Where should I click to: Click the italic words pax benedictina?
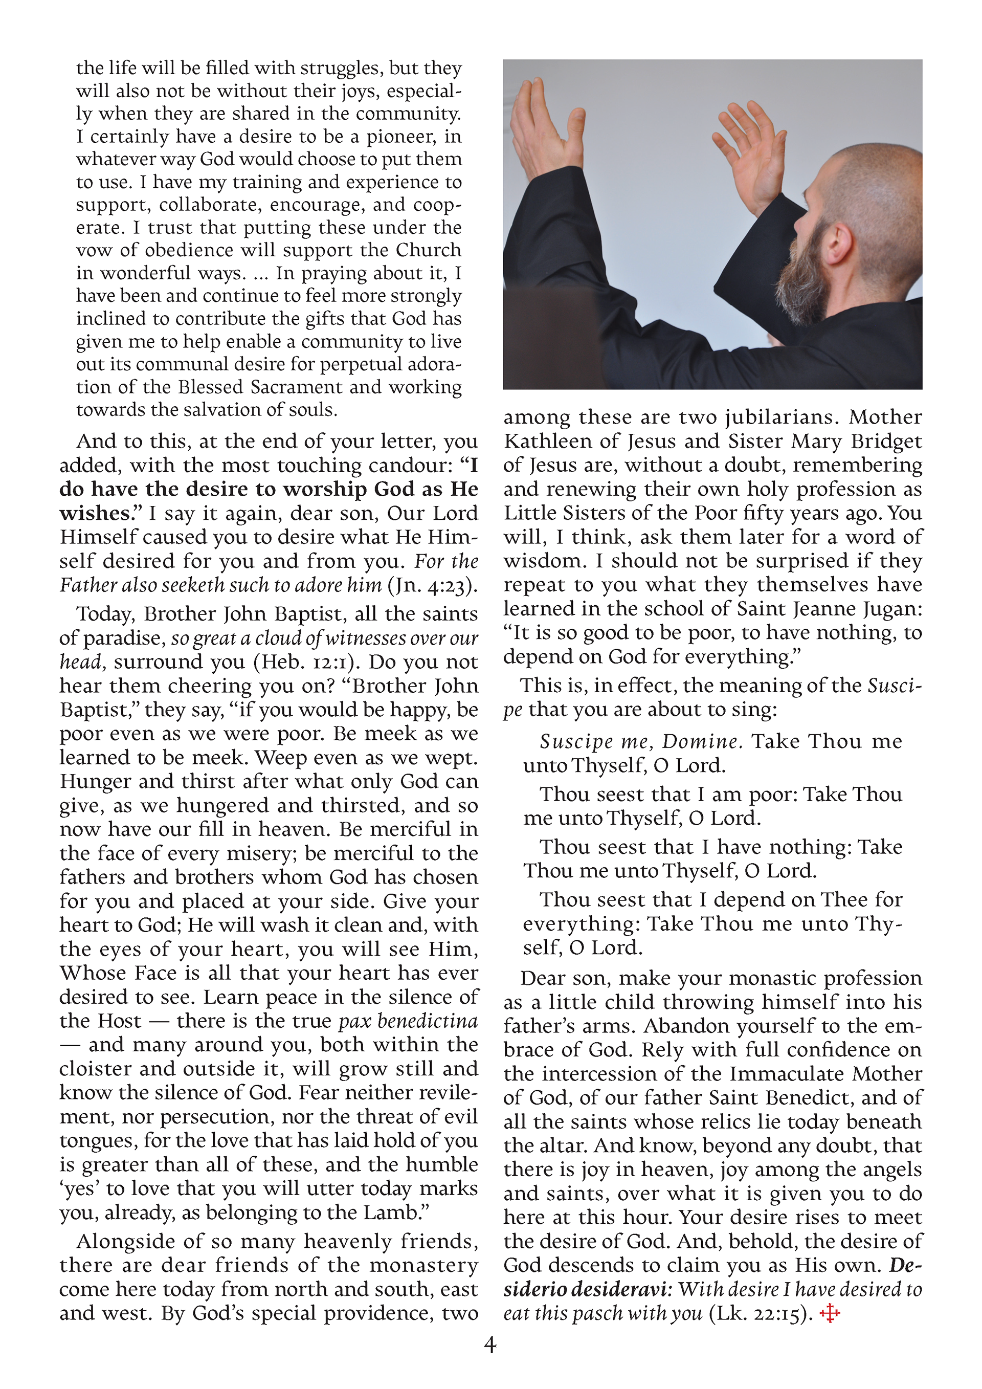point(408,1021)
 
